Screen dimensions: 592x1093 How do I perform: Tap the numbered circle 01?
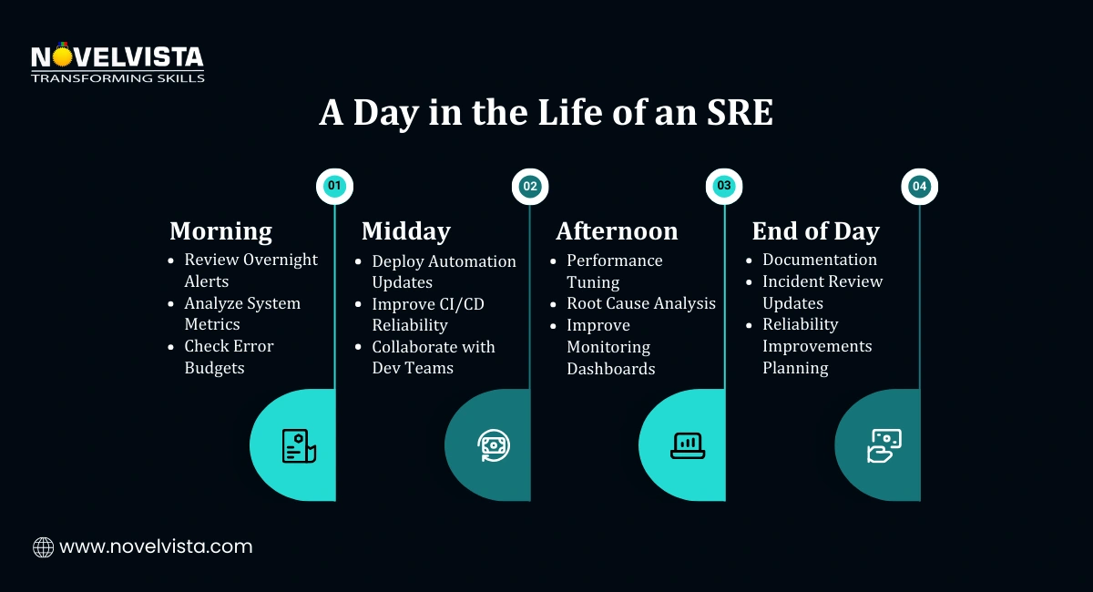pos(334,186)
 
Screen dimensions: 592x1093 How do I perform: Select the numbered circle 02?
pos(529,186)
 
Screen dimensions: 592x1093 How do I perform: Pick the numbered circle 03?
pos(724,186)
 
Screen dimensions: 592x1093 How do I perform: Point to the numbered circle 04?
pos(919,186)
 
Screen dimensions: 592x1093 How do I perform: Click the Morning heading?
pos(220,231)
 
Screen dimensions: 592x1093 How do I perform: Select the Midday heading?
pos(405,231)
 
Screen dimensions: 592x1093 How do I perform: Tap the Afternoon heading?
pos(617,231)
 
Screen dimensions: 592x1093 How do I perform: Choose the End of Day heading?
pos(814,231)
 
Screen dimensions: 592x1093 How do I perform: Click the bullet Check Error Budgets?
pos(229,357)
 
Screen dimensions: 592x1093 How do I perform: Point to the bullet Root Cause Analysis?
pos(640,303)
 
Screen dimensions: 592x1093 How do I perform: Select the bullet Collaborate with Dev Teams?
pos(433,357)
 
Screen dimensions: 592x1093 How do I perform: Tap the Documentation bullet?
pos(819,260)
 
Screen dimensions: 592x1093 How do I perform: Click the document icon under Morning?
pos(298,445)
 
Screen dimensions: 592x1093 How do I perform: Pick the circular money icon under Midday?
pos(494,445)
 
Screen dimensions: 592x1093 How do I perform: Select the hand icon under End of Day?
pos(883,445)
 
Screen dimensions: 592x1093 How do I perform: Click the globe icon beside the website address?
pos(43,547)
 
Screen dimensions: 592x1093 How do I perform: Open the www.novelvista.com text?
pos(156,547)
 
